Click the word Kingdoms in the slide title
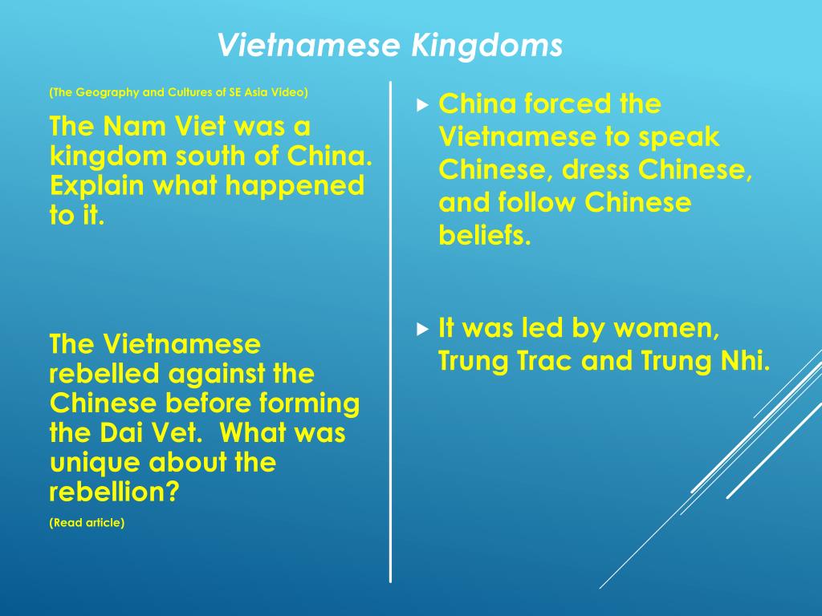486,46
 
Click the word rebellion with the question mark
114,492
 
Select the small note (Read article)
87,523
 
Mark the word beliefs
485,236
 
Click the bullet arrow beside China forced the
423,104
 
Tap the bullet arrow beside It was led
423,328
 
